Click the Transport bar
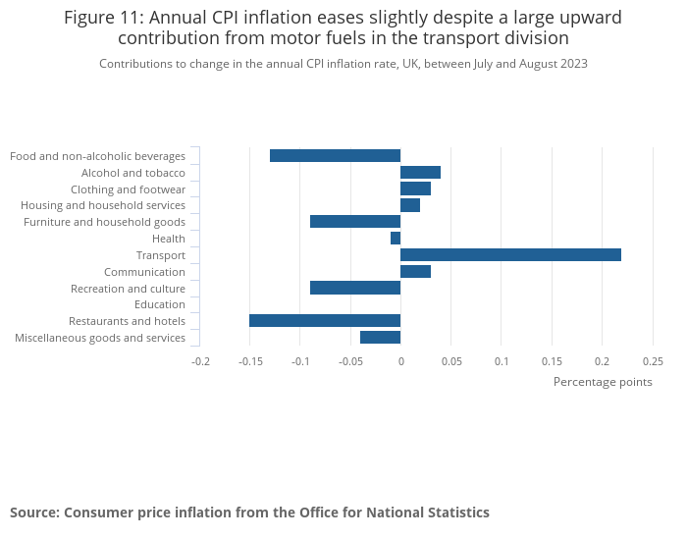[x=510, y=255]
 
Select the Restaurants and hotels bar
[x=325, y=321]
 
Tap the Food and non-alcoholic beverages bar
[x=335, y=155]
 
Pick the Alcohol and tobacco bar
[x=420, y=172]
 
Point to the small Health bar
[x=396, y=239]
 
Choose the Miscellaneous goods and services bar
[x=380, y=338]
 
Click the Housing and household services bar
[x=410, y=205]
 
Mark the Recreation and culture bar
[x=355, y=288]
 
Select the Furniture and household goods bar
[x=355, y=222]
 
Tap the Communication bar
[x=415, y=272]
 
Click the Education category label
[x=166, y=304]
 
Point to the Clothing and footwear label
[x=128, y=189]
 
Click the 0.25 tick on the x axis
[x=653, y=361]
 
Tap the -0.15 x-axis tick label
[x=249, y=361]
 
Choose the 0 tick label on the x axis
[x=400, y=361]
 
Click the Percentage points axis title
[x=603, y=382]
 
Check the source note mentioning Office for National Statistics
[x=249, y=512]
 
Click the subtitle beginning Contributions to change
[x=343, y=64]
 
